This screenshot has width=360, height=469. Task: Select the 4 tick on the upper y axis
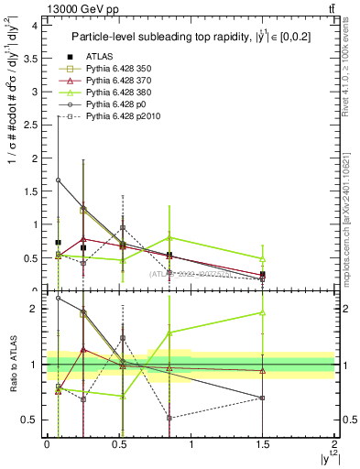[x=36, y=26]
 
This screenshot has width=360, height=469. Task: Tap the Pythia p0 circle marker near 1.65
[x=59, y=180]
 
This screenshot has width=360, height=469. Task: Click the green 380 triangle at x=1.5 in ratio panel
[x=263, y=313]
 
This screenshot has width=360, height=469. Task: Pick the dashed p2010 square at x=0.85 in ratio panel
[x=169, y=418]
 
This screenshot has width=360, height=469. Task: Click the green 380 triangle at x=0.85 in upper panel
[x=169, y=238]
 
